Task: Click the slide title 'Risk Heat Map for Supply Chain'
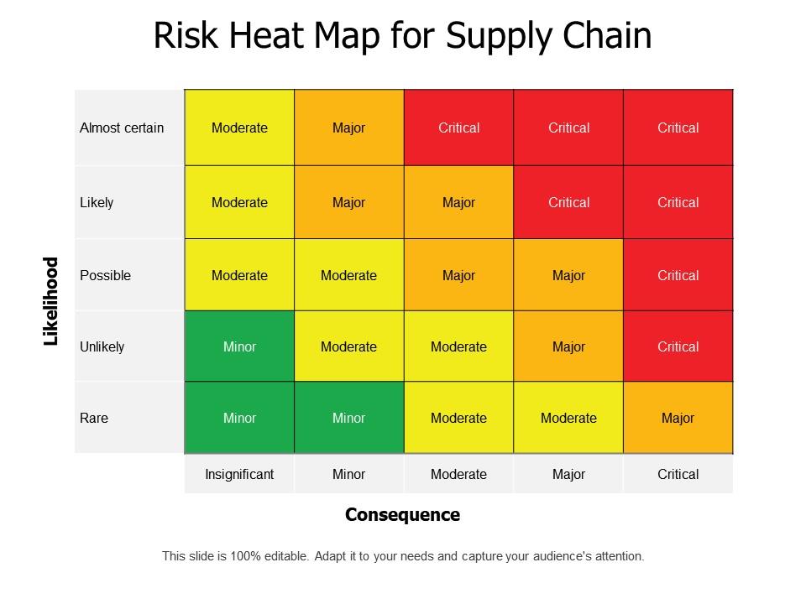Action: tap(402, 36)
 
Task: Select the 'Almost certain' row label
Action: tap(122, 128)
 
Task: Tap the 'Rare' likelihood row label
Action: tap(94, 418)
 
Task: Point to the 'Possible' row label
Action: tap(105, 275)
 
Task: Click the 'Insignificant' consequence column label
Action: tap(239, 474)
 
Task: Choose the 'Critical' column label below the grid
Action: tap(678, 474)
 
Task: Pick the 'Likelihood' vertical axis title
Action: tap(52, 301)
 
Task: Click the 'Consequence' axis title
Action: tap(402, 514)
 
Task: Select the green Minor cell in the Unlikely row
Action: tap(239, 346)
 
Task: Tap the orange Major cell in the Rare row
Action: tap(678, 418)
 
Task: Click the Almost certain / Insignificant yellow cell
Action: tap(239, 128)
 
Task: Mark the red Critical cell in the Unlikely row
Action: tap(678, 346)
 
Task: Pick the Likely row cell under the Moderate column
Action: tap(458, 202)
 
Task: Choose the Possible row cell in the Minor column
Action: tap(348, 275)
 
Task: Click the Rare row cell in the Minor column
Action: tap(348, 418)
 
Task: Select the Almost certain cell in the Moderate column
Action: tap(458, 128)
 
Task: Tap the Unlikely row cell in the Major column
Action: tap(568, 346)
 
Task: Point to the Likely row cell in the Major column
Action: tap(568, 202)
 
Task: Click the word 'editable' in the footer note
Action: tap(285, 555)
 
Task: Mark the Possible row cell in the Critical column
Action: tap(678, 275)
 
